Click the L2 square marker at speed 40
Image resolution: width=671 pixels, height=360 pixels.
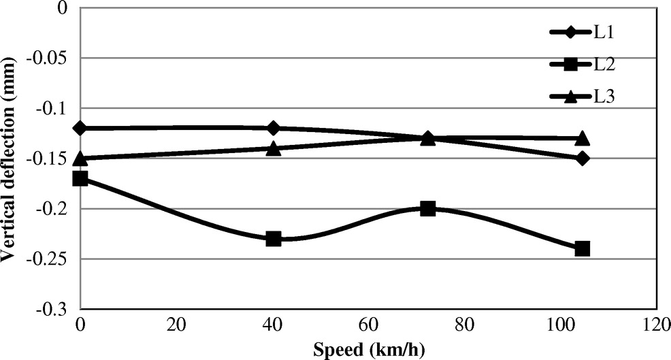pos(274,239)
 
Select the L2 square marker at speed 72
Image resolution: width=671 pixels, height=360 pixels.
pos(427,208)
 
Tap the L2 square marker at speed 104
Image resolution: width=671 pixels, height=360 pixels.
pos(582,248)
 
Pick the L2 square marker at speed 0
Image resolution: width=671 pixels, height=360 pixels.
pos(80,178)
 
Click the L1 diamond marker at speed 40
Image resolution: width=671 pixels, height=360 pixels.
pos(274,128)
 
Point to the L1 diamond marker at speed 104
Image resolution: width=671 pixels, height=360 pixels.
pos(582,158)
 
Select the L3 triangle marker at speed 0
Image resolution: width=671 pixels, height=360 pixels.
pos(80,158)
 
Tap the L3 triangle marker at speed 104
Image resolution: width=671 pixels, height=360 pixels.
pos(582,138)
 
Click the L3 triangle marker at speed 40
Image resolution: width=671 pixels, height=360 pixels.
pos(274,148)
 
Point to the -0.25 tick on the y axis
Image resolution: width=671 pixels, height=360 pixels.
pos(54,259)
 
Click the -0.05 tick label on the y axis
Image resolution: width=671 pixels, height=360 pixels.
pos(54,59)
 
